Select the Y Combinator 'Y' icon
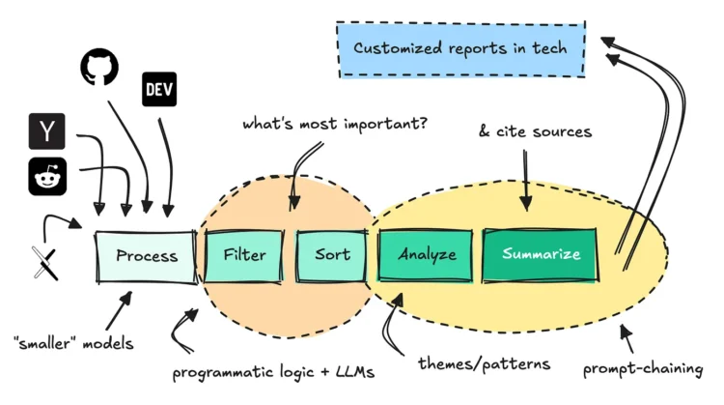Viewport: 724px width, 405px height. coord(46,132)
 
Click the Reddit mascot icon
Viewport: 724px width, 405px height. coord(46,177)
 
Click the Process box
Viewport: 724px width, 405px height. coord(146,256)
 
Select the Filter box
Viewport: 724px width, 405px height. coord(243,255)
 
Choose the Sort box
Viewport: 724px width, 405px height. coord(332,255)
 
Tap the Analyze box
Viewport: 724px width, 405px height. coord(426,254)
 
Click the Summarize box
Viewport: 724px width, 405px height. coord(541,254)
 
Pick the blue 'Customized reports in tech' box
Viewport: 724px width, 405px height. coord(461,49)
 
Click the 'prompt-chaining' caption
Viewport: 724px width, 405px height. coord(643,368)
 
